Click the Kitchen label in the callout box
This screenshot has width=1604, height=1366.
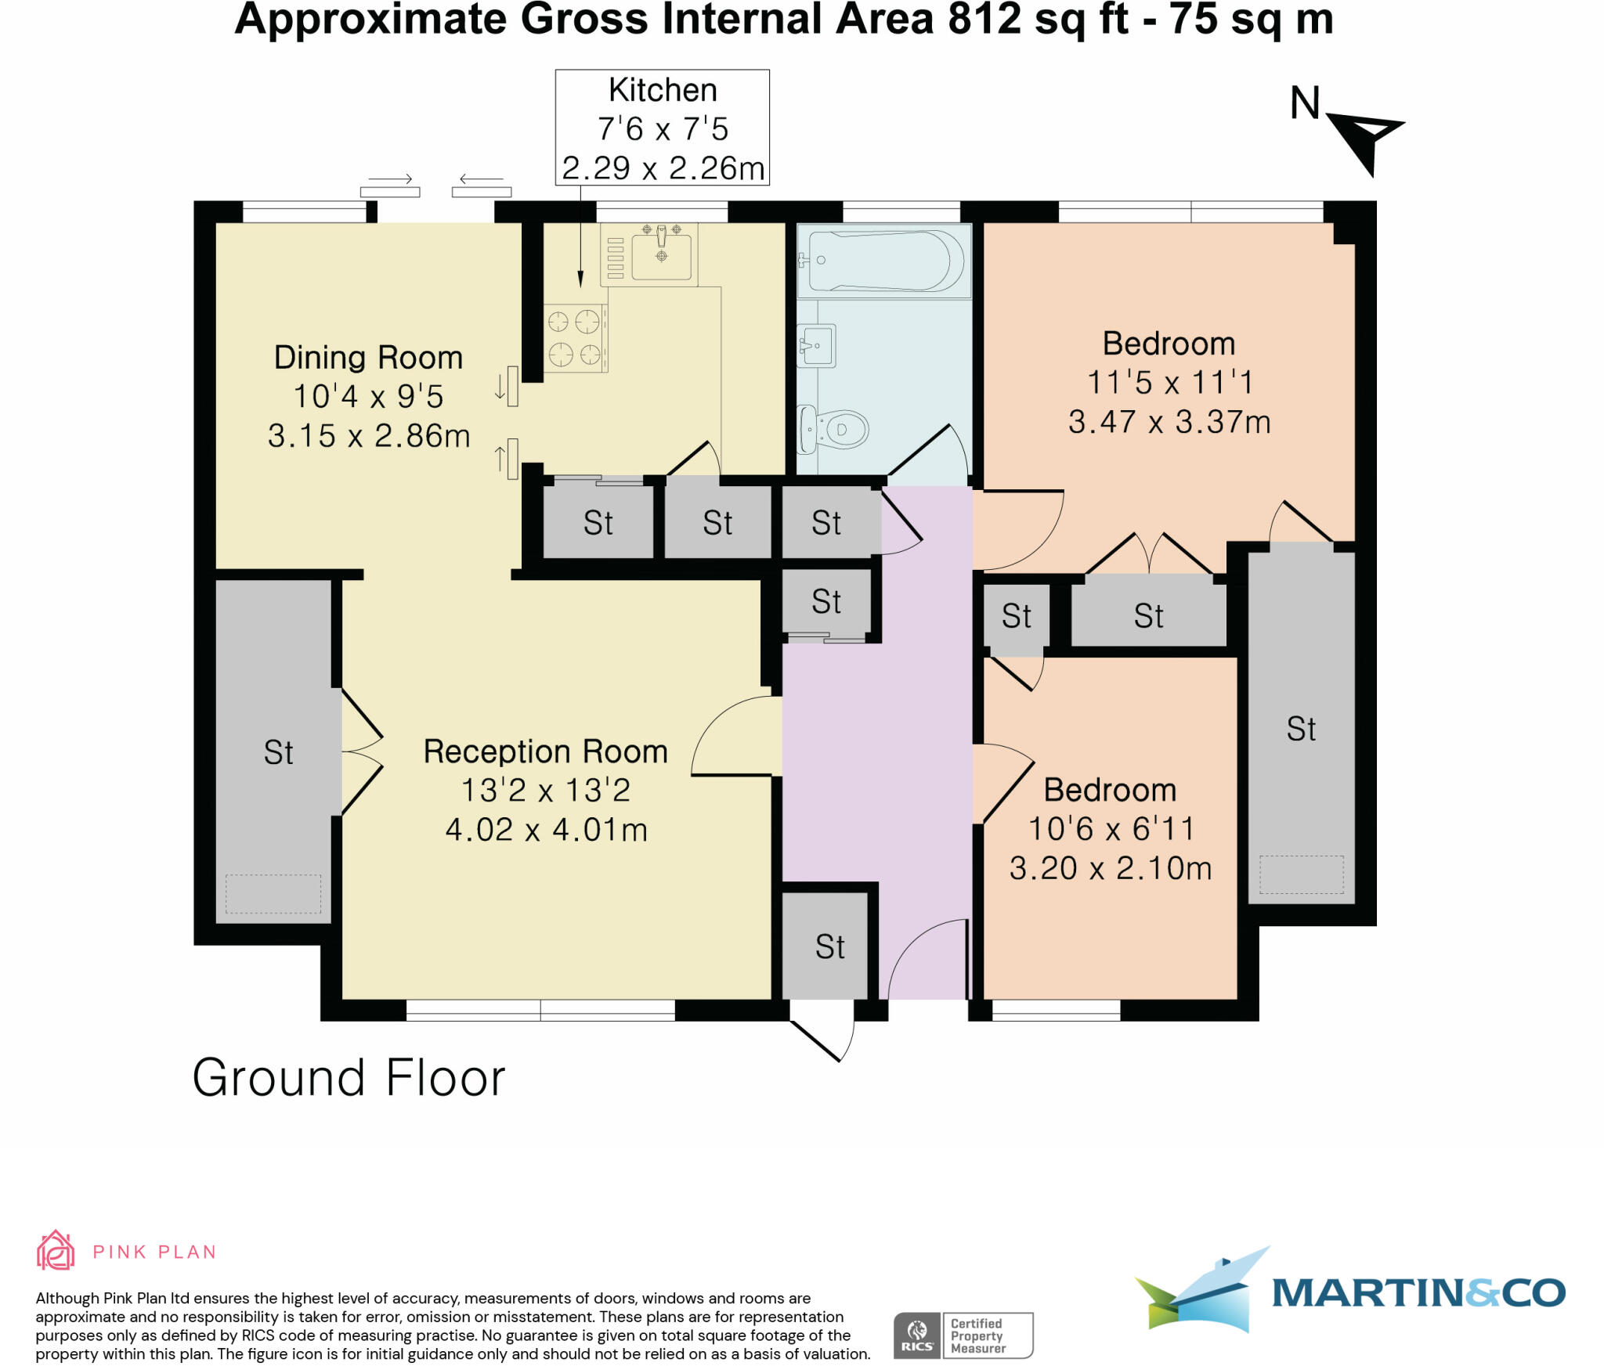pyautogui.click(x=663, y=91)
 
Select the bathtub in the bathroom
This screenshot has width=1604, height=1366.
pyautogui.click(x=883, y=261)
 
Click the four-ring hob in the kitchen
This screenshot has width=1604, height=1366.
pyautogui.click(x=575, y=338)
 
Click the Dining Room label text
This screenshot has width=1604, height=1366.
pyautogui.click(x=368, y=358)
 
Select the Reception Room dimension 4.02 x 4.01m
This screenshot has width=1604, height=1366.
pyautogui.click(x=546, y=830)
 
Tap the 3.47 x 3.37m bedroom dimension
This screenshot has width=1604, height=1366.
pyautogui.click(x=1169, y=423)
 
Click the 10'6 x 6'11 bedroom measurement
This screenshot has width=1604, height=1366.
pyautogui.click(x=1111, y=829)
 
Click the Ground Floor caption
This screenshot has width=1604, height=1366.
pyautogui.click(x=349, y=1078)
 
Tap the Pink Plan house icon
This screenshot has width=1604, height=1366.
pyautogui.click(x=56, y=1250)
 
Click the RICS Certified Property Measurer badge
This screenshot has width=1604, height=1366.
pyautogui.click(x=963, y=1335)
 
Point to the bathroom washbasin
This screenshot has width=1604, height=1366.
pyautogui.click(x=818, y=344)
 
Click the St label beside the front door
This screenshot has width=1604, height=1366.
pyautogui.click(x=829, y=947)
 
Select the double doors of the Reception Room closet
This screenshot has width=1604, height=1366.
pyautogui.click(x=362, y=752)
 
